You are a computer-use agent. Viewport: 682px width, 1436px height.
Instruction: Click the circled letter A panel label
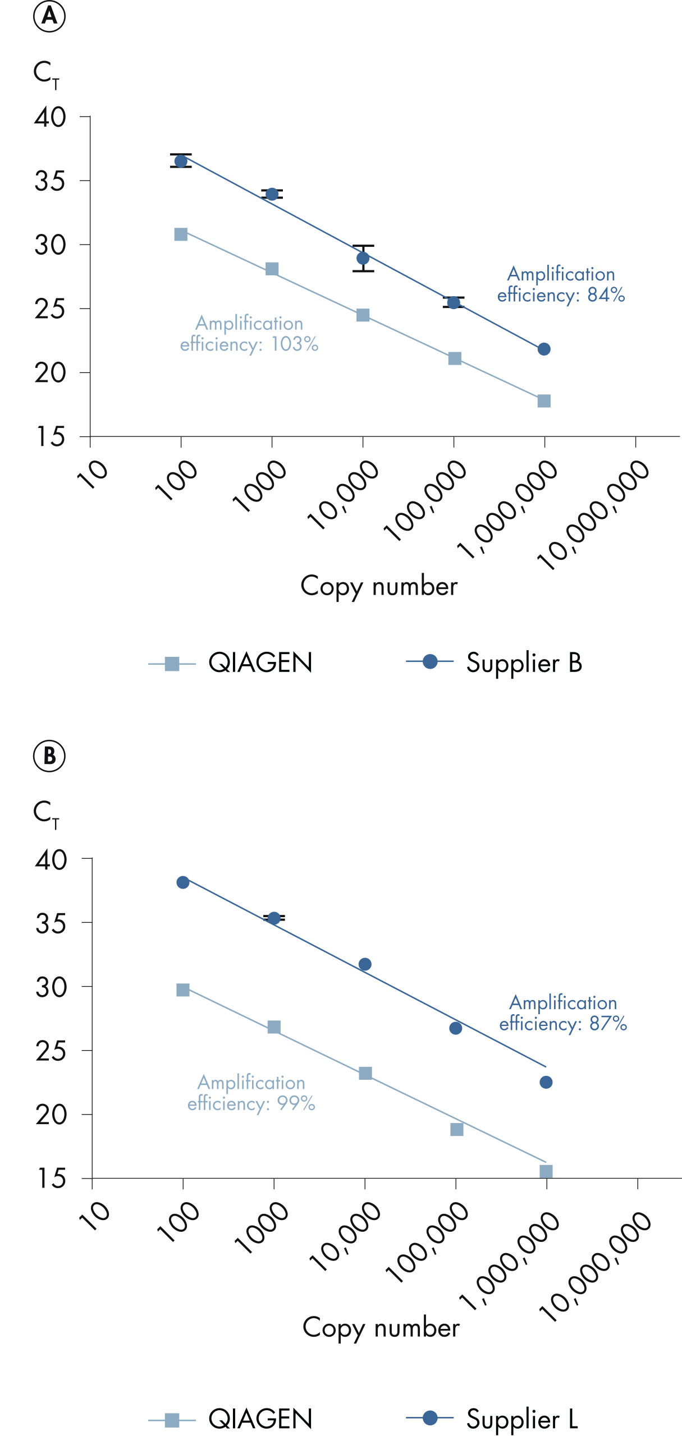[x=49, y=16]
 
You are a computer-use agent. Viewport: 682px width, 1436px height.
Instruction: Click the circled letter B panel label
[x=49, y=756]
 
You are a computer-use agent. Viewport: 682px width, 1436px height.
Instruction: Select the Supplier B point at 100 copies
[x=181, y=162]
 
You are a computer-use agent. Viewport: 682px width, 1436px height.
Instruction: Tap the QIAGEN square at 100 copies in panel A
[x=181, y=234]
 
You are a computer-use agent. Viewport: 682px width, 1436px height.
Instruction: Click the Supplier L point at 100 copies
[x=183, y=882]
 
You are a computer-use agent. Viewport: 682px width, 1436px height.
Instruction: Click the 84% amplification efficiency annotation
[x=561, y=284]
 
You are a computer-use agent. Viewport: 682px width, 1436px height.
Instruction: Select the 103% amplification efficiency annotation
[x=249, y=334]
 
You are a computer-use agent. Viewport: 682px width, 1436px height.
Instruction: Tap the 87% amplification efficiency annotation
[x=562, y=1013]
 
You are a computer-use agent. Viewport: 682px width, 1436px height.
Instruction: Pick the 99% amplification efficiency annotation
[x=251, y=1093]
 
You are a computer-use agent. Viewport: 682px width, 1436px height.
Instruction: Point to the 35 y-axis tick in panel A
[x=50, y=181]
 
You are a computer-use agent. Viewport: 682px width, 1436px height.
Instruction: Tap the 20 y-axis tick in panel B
[x=51, y=1115]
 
